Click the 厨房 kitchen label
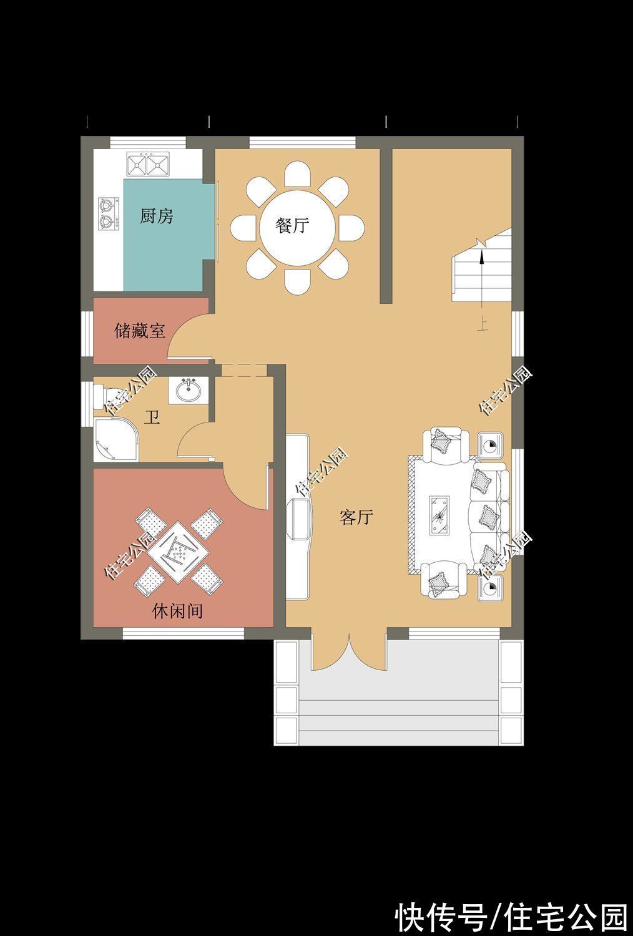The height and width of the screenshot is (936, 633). pos(156,217)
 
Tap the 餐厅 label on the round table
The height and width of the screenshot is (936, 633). pos(292,226)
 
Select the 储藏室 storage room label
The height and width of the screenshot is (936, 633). pos(140,331)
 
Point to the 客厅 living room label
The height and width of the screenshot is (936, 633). pos(356,517)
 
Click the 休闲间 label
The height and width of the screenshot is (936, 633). pos(177,612)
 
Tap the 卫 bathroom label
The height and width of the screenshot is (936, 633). pos(152,417)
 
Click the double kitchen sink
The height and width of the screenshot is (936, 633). pos(148,163)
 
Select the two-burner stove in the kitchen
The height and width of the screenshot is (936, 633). pos(108,213)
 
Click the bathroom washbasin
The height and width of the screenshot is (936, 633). pos(188,390)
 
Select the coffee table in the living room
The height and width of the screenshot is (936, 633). pos(439,515)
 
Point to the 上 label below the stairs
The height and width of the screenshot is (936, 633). pos(483,325)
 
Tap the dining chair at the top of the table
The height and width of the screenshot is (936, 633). pos(297,174)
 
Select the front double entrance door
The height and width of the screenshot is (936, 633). pos(348,651)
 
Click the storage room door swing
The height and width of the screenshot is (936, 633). pos(189,338)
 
